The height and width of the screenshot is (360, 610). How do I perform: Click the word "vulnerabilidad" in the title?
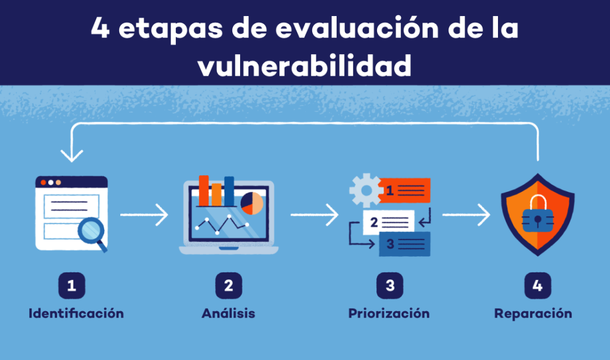tap(304, 66)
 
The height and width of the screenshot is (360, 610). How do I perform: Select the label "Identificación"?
tap(76, 314)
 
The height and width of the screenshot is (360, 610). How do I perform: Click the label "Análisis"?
tap(228, 313)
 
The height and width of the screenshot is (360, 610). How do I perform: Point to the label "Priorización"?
tap(389, 314)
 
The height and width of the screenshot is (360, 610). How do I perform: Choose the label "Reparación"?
tap(533, 314)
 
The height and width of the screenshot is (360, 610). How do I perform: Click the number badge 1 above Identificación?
tap(71, 285)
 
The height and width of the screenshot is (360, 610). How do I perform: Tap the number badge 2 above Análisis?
tap(229, 285)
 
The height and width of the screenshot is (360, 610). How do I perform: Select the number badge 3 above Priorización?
tap(390, 285)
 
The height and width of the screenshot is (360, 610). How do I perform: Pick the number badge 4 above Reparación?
tap(538, 285)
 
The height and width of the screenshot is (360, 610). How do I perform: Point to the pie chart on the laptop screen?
tap(252, 203)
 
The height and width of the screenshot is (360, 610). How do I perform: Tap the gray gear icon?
tap(366, 190)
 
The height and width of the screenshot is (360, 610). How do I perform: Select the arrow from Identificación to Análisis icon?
tap(144, 215)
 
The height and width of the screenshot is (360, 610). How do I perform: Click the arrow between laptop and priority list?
tap(315, 215)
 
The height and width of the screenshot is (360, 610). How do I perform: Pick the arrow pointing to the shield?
tap(466, 215)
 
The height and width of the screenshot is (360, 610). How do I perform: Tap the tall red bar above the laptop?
tap(204, 190)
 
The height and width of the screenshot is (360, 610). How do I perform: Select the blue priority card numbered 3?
tap(404, 244)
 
